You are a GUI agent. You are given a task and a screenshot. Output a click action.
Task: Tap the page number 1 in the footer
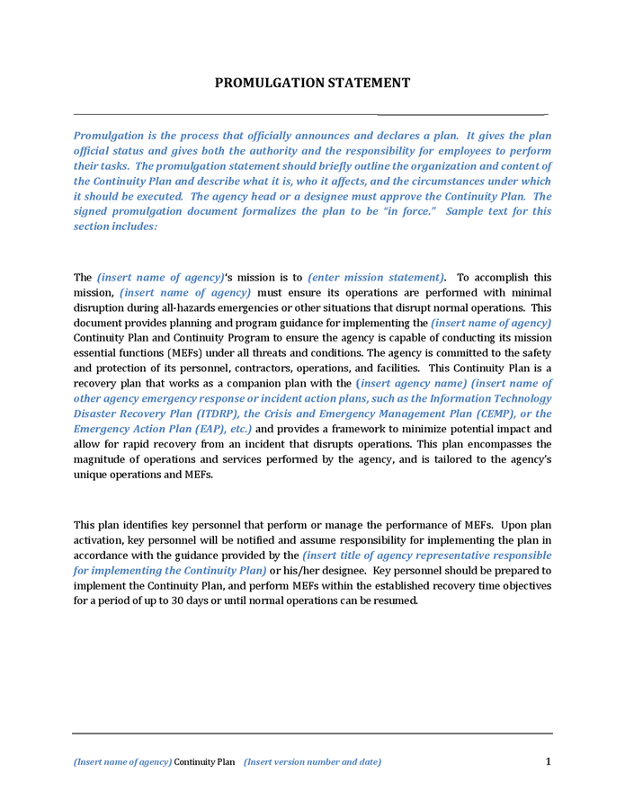coord(548,761)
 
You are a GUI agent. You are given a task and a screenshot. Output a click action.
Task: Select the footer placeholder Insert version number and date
coord(312,762)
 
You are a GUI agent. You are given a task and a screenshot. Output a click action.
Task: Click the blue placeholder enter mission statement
coord(376,278)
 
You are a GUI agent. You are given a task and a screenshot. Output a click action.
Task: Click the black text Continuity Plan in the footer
coord(204,762)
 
